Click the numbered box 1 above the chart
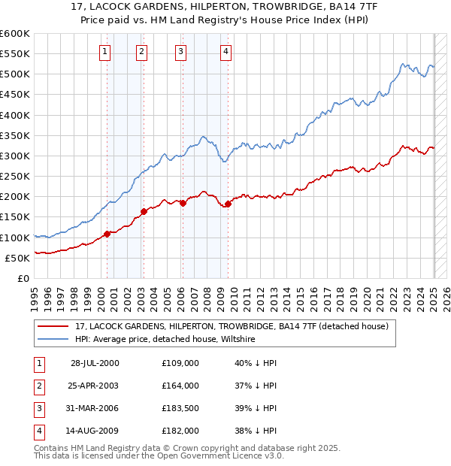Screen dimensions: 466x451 (104, 52)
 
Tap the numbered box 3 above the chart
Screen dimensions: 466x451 (181, 52)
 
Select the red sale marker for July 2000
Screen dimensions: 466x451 (107, 234)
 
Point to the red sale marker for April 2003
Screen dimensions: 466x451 (144, 211)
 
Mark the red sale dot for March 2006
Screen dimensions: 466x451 (183, 203)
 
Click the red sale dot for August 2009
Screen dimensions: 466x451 (229, 204)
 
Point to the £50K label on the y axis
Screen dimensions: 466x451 (17, 258)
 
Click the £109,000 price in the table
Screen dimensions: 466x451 (180, 363)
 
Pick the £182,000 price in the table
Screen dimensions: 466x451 (180, 431)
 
